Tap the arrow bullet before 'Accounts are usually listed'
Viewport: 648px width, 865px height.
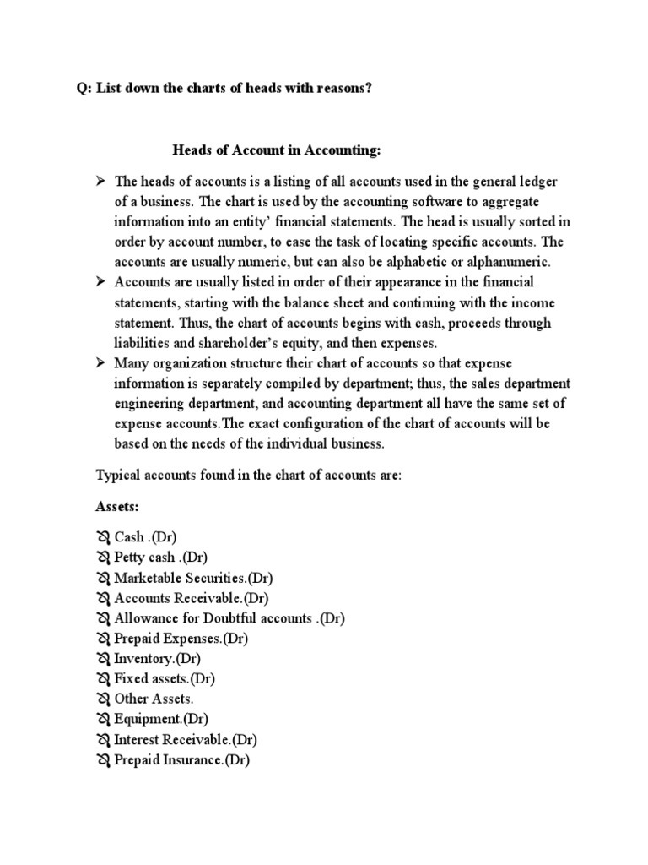[100, 281]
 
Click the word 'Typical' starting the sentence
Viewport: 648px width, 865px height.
[116, 476]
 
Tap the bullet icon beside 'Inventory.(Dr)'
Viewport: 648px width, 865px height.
[103, 659]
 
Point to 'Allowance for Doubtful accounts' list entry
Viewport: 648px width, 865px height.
[213, 618]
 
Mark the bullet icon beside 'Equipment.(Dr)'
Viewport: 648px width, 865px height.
[103, 720]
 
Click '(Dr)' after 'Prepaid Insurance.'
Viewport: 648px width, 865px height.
[236, 760]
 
